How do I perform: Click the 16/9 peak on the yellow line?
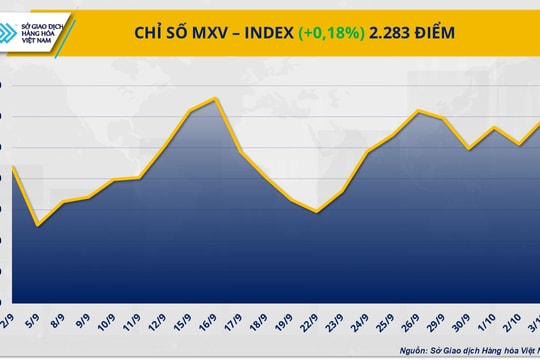coord(216,98)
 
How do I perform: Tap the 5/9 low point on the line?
coord(38,225)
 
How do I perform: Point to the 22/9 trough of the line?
coord(317,212)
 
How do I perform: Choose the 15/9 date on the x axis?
coord(186,327)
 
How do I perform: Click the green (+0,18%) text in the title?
coord(335,33)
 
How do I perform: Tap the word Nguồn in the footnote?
coord(417,350)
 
